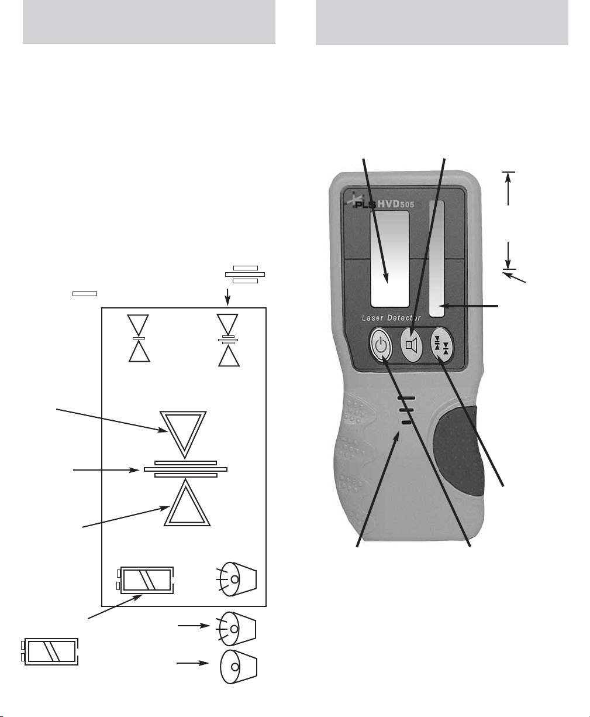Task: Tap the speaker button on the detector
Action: click(412, 345)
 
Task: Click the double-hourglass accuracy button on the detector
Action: click(442, 345)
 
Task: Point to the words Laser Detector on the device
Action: click(391, 318)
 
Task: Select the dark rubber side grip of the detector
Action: click(459, 451)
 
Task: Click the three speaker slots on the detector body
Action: click(406, 410)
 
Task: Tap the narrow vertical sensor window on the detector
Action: click(436, 259)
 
